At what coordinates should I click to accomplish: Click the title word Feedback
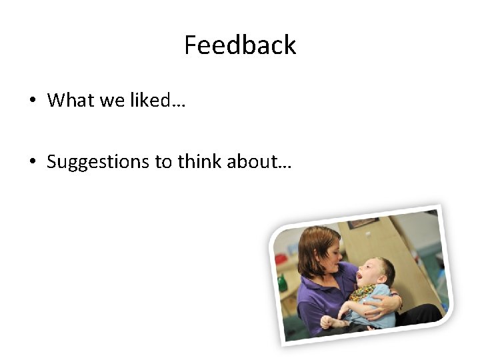(240, 45)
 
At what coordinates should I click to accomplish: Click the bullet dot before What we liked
(32, 101)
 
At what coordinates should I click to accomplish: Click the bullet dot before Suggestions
(32, 162)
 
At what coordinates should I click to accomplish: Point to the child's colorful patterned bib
(363, 292)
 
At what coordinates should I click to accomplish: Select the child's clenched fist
(327, 322)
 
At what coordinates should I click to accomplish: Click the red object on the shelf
(281, 259)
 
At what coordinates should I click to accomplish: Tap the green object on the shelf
(283, 283)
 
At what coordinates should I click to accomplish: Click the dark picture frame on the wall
(363, 223)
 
